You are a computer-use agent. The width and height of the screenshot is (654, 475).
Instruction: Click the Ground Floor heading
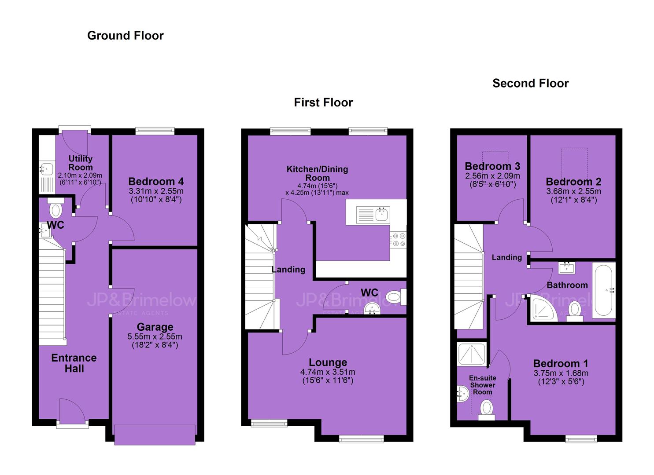pyautogui.click(x=125, y=36)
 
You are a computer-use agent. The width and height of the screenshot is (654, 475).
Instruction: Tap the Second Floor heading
pyautogui.click(x=531, y=84)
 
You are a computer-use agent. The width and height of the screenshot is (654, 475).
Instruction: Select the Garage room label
pyautogui.click(x=155, y=327)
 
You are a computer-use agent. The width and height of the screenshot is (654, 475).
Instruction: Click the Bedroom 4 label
pyautogui.click(x=156, y=181)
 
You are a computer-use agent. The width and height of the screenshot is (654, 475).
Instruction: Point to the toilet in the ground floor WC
pyautogui.click(x=56, y=208)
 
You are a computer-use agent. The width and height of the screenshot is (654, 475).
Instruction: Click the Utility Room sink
pyautogui.click(x=47, y=168)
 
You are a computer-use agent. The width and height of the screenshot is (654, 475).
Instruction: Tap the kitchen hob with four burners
pyautogui.click(x=399, y=240)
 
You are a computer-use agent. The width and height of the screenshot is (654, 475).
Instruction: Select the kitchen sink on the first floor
pyautogui.click(x=373, y=215)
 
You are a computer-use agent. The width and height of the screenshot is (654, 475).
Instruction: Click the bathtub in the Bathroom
pyautogui.click(x=603, y=290)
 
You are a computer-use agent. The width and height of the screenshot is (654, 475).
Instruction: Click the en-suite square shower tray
pyautogui.click(x=472, y=354)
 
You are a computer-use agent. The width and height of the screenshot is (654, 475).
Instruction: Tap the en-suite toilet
pyautogui.click(x=486, y=410)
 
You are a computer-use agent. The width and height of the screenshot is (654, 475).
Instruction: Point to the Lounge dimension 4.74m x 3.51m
pyautogui.click(x=328, y=372)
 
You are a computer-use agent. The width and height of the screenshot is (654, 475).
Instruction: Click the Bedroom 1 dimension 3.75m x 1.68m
pyautogui.click(x=561, y=373)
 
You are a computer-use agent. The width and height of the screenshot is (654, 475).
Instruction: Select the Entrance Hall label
pyautogui.click(x=74, y=363)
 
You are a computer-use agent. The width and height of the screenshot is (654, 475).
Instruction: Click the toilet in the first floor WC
pyautogui.click(x=396, y=297)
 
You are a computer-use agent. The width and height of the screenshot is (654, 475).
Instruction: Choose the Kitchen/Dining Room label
pyautogui.click(x=318, y=173)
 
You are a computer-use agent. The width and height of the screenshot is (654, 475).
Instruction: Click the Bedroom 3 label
pyautogui.click(x=492, y=166)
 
